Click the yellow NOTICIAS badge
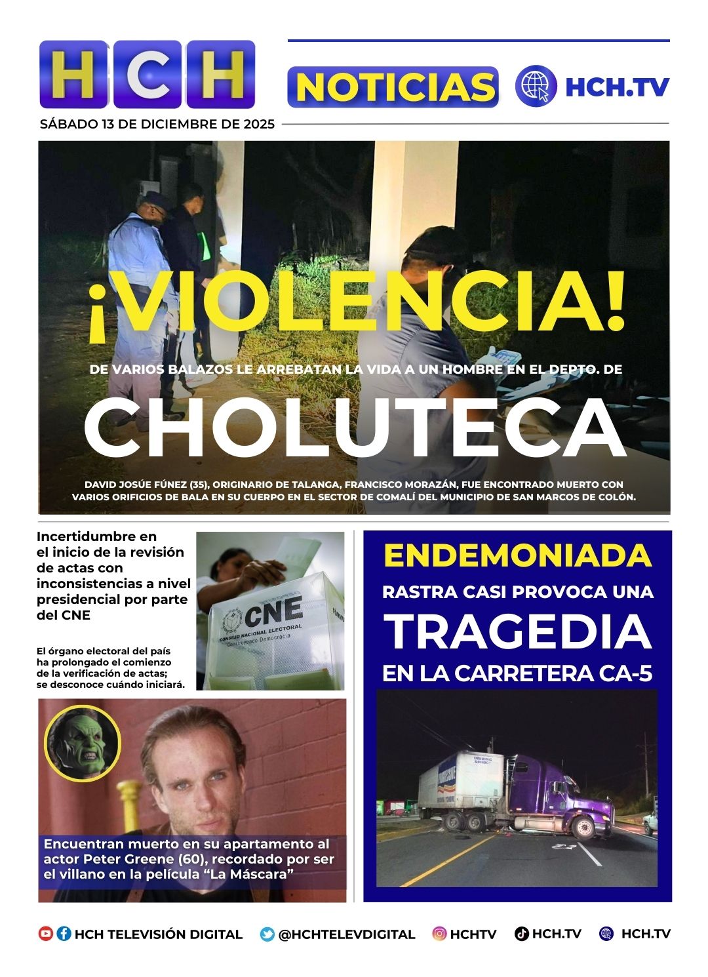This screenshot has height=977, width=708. (393, 87)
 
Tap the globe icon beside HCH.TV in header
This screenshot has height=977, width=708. (536, 86)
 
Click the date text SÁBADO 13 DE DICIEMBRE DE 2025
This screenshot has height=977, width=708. (157, 124)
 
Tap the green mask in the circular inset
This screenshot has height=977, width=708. (83, 743)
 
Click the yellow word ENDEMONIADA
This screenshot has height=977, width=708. (517, 556)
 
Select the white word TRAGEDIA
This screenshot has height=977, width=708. (517, 632)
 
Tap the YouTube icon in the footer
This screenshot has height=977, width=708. (45, 934)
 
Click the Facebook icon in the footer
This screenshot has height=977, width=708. (64, 934)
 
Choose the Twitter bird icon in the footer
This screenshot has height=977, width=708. (267, 934)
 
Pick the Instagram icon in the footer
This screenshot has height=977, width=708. (439, 934)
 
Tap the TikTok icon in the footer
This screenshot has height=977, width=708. (522, 934)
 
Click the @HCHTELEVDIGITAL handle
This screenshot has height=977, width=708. (347, 934)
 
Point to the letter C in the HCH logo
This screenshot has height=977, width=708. (147, 75)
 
